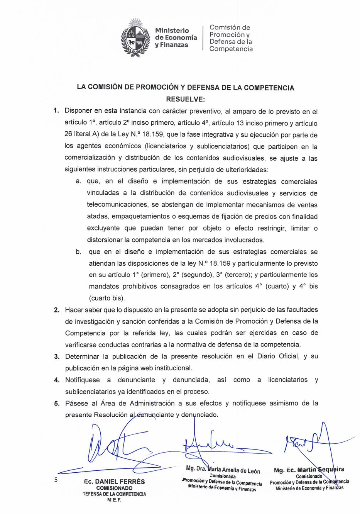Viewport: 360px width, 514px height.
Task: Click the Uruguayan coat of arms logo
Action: click(x=135, y=37)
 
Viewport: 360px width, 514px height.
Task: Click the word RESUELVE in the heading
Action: click(x=185, y=99)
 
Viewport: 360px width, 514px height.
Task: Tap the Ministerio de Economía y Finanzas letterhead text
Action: click(x=176, y=37)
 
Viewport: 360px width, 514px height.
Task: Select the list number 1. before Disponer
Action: click(x=56, y=111)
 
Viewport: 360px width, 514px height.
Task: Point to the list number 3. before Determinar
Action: click(x=57, y=356)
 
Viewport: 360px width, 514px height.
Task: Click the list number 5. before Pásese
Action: click(x=57, y=404)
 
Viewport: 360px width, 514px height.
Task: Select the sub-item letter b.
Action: click(x=78, y=252)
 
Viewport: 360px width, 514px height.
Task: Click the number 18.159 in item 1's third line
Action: click(x=154, y=135)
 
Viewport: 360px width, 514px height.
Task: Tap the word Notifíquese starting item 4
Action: click(x=82, y=380)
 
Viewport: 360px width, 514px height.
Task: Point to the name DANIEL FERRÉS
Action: click(x=120, y=482)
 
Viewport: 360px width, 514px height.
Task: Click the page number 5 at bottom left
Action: click(x=56, y=480)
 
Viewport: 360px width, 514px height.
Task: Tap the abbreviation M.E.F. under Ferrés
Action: click(x=114, y=500)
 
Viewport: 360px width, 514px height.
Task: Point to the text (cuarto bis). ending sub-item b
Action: click(x=107, y=298)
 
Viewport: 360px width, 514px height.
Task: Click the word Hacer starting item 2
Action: click(x=74, y=310)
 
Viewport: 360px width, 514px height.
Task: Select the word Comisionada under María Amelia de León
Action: click(x=223, y=477)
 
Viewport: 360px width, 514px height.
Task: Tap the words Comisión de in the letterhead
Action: click(x=230, y=27)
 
